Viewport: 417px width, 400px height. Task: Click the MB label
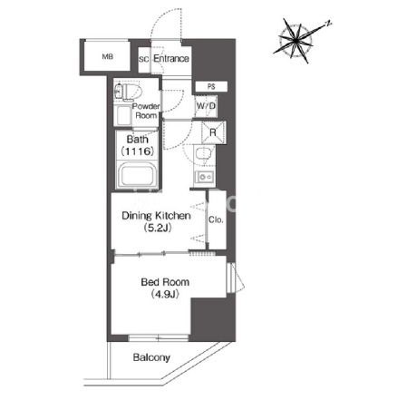(x=108, y=56)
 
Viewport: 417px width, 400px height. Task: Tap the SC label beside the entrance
(x=144, y=59)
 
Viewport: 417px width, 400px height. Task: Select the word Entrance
(x=171, y=58)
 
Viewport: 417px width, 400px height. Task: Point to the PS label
(x=211, y=87)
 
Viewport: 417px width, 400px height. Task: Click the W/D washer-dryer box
(x=206, y=106)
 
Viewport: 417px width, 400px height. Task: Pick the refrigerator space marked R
(x=213, y=132)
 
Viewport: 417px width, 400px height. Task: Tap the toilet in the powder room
(x=128, y=91)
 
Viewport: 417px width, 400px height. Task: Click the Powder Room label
(x=146, y=111)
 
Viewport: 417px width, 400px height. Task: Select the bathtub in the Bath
(x=139, y=175)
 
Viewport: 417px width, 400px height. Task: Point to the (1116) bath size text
(x=138, y=151)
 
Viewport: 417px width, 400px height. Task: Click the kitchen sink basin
(x=201, y=153)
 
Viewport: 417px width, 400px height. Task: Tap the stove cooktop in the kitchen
(x=205, y=177)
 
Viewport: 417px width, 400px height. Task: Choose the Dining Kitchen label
(x=156, y=216)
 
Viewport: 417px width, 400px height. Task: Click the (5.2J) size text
(x=158, y=228)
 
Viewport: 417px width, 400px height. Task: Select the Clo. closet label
(x=216, y=220)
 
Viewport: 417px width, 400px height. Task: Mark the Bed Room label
(x=165, y=282)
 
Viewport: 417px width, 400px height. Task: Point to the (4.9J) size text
(x=165, y=294)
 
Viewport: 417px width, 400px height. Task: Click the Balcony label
(x=151, y=358)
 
